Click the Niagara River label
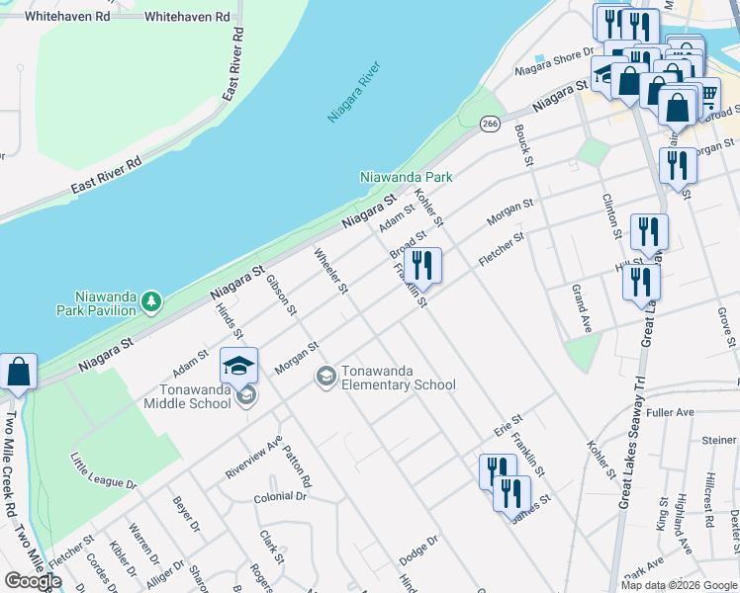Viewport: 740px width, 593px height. tap(354, 94)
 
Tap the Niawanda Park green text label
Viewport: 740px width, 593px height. tap(406, 177)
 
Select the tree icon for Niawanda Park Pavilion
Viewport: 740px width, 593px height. tap(150, 300)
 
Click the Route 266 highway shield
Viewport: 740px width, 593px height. tap(490, 124)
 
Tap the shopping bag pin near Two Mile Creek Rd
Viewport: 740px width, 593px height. tap(19, 372)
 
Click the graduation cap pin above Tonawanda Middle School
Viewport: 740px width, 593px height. tap(238, 366)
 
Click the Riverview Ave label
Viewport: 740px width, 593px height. tap(253, 457)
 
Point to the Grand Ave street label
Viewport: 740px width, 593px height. tap(582, 307)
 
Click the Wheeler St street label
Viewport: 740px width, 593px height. tap(331, 271)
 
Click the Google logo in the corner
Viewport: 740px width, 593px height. tap(33, 581)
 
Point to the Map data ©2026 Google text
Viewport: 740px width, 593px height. tap(679, 585)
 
